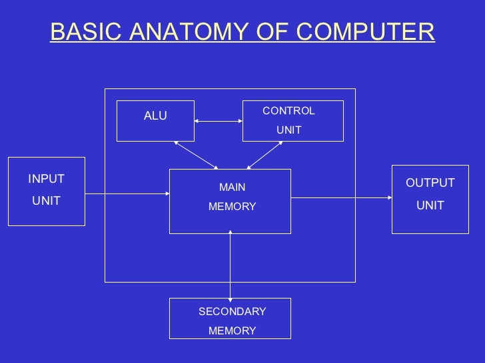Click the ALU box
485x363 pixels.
pos(155,121)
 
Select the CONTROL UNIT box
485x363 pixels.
pos(292,121)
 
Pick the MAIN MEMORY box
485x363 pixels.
pos(230,201)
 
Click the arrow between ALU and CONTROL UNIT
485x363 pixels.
pos(219,121)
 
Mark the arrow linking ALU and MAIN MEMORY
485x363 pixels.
pos(196,154)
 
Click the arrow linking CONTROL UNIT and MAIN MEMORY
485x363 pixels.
pos(265,154)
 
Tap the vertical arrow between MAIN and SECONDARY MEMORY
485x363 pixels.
pos(231,266)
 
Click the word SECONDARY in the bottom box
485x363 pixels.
pos(232,312)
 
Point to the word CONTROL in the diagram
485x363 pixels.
pos(288,111)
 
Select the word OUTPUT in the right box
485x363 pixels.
pos(430,183)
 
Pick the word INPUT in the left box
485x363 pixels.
pos(46,179)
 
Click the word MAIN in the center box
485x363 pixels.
pos(232,188)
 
